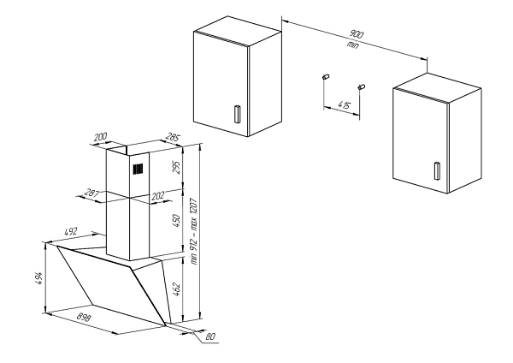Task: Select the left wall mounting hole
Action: pyautogui.click(x=326, y=77)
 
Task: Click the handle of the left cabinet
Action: pyautogui.click(x=237, y=114)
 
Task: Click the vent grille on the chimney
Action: pyautogui.click(x=136, y=170)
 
